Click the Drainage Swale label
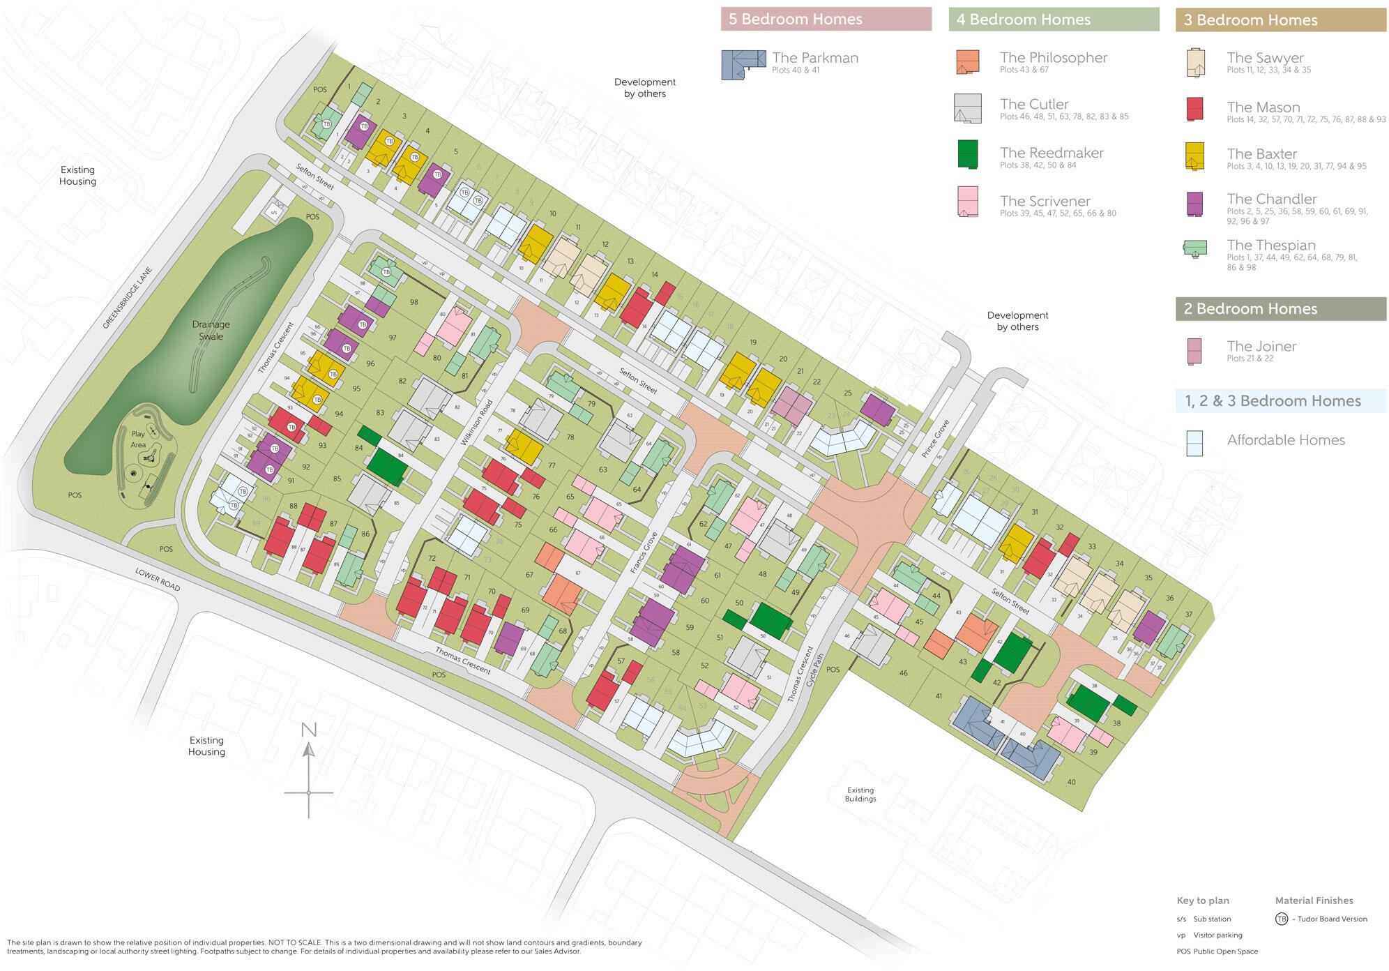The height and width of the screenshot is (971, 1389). coord(211,330)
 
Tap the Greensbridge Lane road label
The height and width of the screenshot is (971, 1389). coord(127,298)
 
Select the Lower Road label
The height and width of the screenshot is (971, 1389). coord(158,579)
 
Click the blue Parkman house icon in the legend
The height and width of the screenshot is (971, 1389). coord(743,64)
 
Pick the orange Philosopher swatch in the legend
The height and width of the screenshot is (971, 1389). coord(967,62)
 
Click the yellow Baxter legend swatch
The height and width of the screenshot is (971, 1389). coord(1194,156)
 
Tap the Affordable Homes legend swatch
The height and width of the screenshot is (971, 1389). coord(1194,443)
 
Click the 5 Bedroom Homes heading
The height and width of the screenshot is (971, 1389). coord(796,20)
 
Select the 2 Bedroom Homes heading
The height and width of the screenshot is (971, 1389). coord(1250,309)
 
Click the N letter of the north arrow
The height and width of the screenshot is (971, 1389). coord(309,730)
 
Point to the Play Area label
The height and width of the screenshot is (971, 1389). coord(138,439)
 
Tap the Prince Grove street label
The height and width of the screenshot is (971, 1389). coord(935,439)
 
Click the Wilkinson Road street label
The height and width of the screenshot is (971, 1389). coord(477,423)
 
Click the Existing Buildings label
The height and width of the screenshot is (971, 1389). coord(860,795)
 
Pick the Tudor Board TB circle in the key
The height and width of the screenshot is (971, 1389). coord(1282,919)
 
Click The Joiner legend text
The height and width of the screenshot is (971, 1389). coord(1261,347)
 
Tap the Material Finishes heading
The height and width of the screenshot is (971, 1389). coord(1314,901)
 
